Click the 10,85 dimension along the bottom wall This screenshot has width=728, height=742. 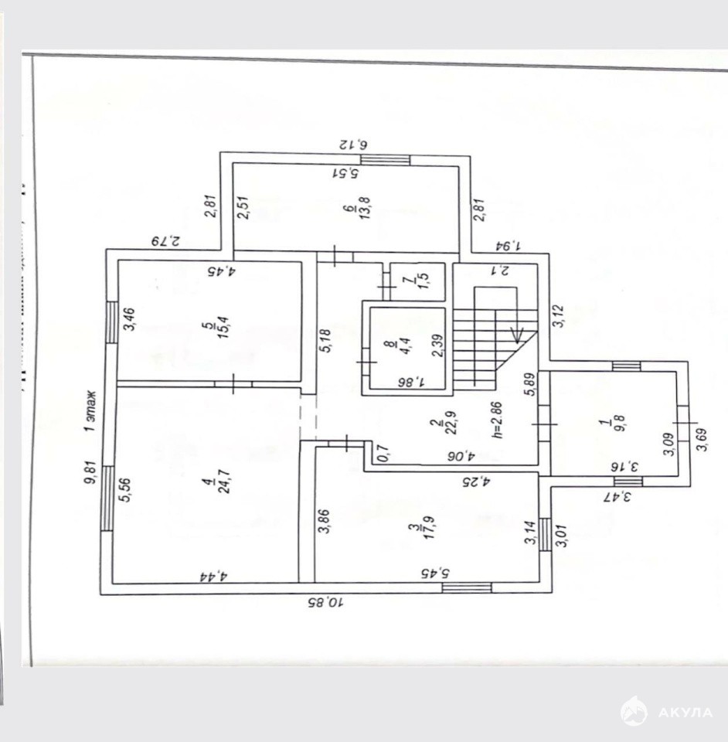point(325,601)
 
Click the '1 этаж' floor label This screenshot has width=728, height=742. point(90,410)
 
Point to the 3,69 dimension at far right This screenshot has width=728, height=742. point(702,449)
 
